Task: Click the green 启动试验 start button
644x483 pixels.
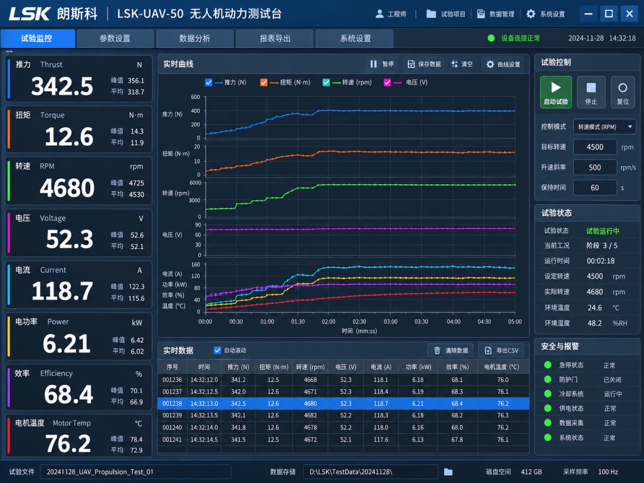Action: click(x=555, y=92)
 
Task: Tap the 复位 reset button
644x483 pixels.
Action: click(x=623, y=92)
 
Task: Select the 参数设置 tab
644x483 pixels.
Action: click(x=115, y=39)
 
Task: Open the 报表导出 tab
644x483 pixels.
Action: click(x=275, y=39)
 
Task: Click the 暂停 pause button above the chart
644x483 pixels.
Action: click(x=382, y=64)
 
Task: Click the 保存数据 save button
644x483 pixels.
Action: click(x=425, y=64)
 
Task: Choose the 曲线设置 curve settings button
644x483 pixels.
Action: click(x=503, y=64)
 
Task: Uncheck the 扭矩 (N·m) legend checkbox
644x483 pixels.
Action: click(x=264, y=83)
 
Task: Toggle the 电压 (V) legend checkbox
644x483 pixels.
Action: click(x=387, y=83)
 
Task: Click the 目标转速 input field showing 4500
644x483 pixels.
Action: click(x=595, y=147)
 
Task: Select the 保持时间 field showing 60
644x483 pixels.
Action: click(x=595, y=188)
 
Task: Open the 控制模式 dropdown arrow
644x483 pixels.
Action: click(x=630, y=127)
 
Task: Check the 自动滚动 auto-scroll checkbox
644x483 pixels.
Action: click(x=217, y=350)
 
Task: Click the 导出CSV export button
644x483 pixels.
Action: click(x=501, y=350)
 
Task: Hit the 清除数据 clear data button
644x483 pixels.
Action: click(x=450, y=350)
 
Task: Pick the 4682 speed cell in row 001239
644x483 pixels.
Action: click(x=310, y=415)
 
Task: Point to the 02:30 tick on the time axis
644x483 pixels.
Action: click(x=360, y=321)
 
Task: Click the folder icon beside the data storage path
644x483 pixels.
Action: click(x=448, y=472)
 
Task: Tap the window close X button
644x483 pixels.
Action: click(x=630, y=13)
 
